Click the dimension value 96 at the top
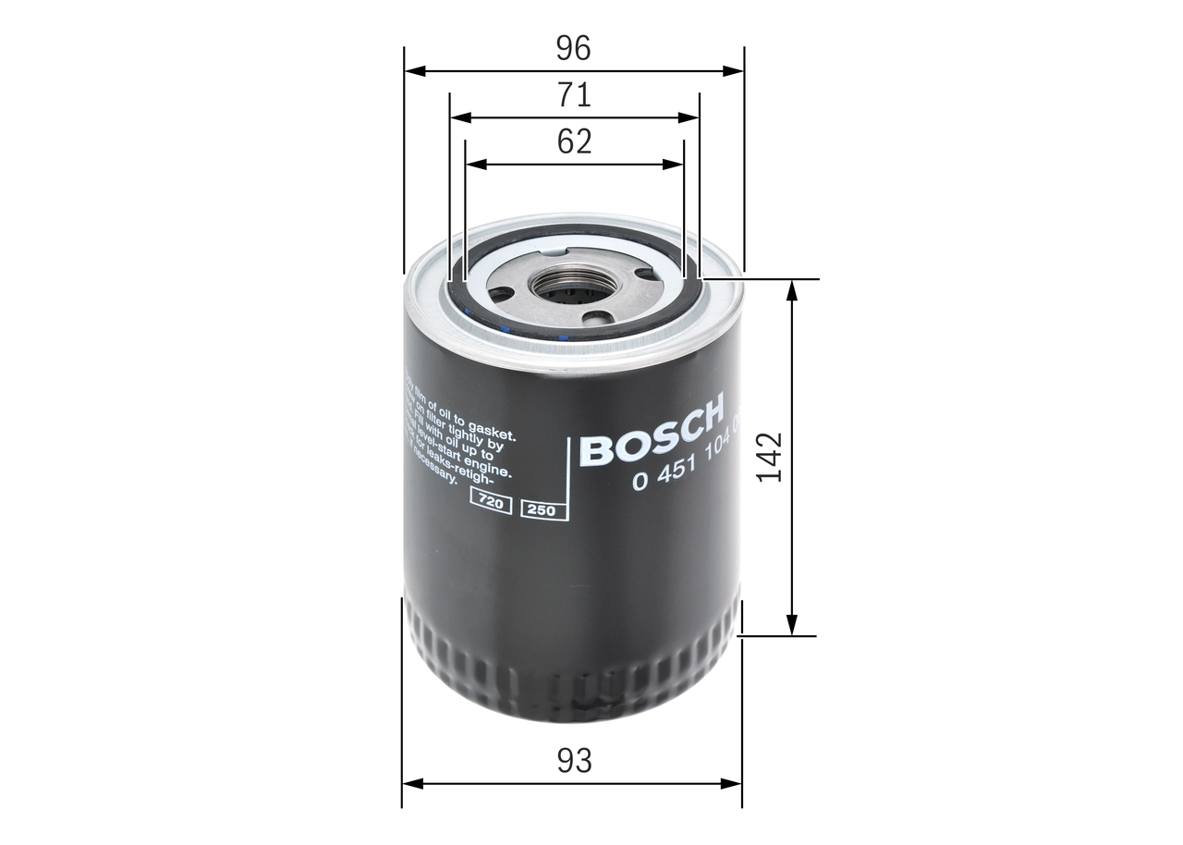click(573, 48)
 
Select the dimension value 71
click(573, 95)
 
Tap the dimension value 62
click(573, 141)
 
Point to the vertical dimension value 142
click(769, 457)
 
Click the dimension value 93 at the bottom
click(573, 761)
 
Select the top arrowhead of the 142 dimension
click(791, 289)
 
